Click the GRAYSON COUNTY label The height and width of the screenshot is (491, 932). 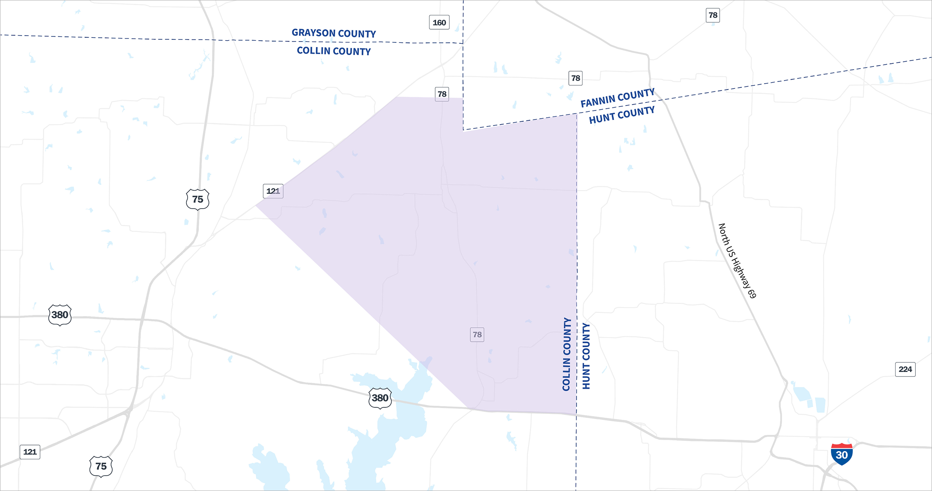click(x=334, y=33)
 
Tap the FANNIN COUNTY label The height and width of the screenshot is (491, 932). click(x=617, y=98)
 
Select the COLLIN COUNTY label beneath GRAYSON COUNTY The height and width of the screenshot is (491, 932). click(x=334, y=51)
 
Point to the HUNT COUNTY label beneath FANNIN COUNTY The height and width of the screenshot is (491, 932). click(x=621, y=115)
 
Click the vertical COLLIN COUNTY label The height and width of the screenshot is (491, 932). click(x=567, y=354)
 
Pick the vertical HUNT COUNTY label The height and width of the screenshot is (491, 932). click(x=586, y=356)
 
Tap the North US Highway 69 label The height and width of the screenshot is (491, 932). click(x=737, y=260)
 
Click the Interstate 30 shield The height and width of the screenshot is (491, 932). click(x=841, y=454)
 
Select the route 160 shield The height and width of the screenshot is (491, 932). click(x=439, y=22)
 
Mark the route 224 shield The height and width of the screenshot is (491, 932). click(x=905, y=369)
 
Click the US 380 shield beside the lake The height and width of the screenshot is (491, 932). click(x=380, y=398)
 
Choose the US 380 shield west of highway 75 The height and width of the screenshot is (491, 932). click(x=60, y=315)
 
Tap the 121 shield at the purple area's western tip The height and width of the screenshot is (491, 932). click(x=273, y=191)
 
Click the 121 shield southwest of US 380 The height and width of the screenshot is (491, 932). click(x=30, y=452)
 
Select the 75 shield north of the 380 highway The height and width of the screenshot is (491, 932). click(x=197, y=199)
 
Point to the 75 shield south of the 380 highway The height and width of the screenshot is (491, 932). click(x=101, y=466)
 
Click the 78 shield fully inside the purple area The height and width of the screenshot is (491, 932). click(x=477, y=335)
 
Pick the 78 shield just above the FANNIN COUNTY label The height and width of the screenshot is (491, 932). click(x=576, y=78)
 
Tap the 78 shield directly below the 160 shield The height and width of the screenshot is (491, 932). click(x=442, y=94)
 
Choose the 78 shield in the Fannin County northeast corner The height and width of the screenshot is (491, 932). click(x=713, y=15)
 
